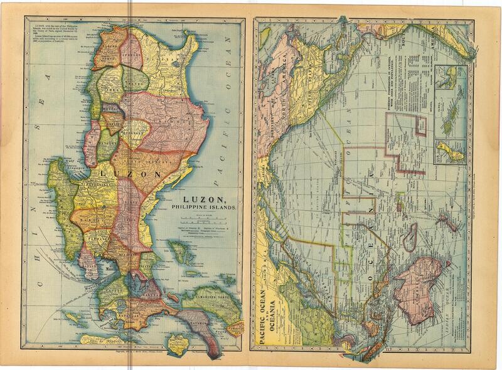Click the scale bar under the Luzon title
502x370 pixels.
pyautogui.click(x=198, y=220)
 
